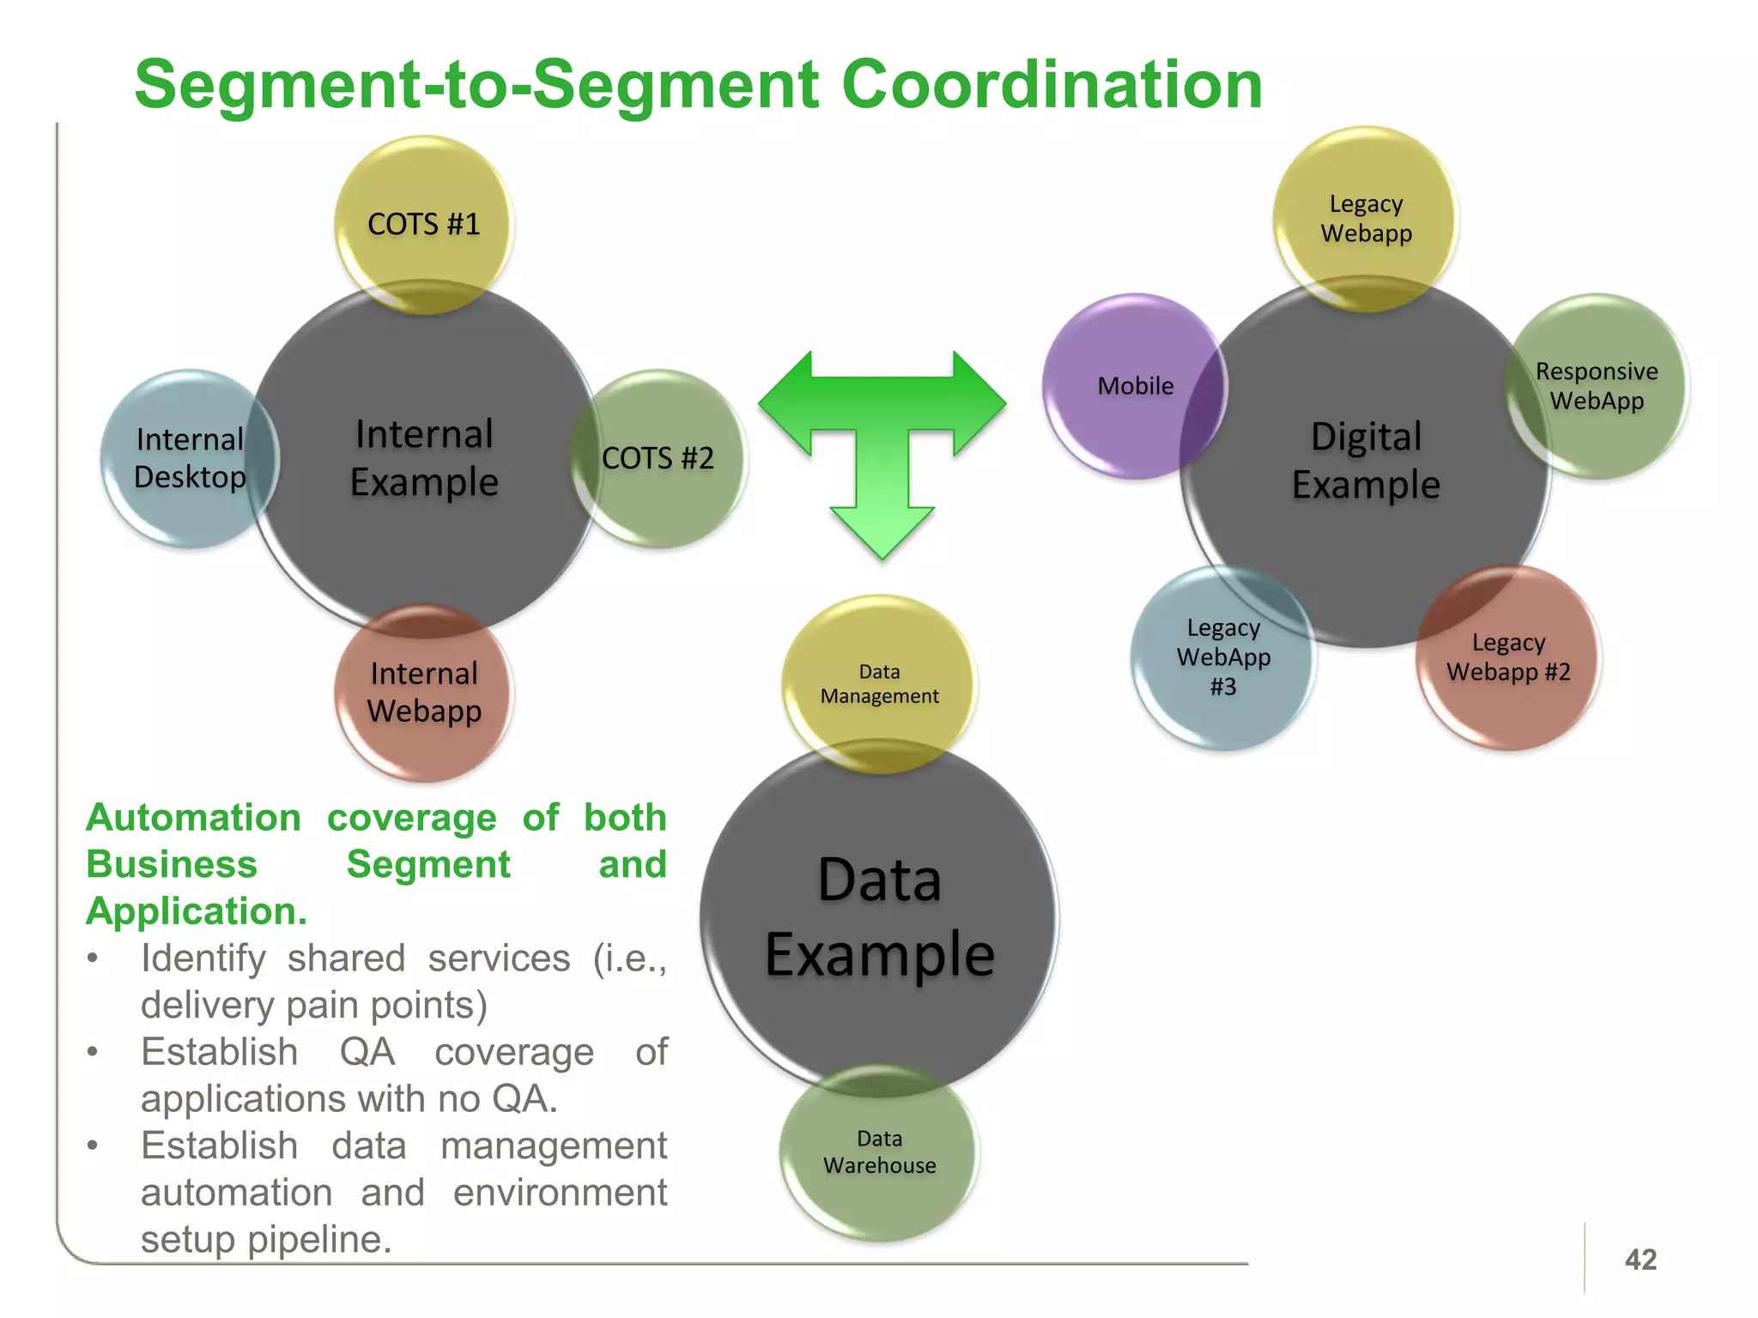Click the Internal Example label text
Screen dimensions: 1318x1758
coord(424,458)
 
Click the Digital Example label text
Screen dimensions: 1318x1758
coord(1366,461)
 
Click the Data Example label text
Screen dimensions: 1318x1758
coord(879,916)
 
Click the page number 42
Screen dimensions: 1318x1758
coord(1640,1260)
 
